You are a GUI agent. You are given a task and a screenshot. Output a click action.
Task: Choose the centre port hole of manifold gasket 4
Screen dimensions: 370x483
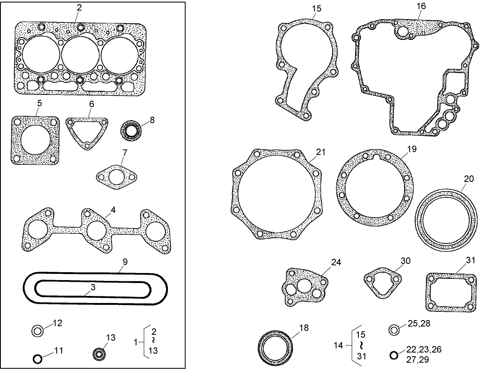click(95, 229)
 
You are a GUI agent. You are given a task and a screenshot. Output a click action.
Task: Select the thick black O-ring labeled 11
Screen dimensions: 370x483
click(38, 358)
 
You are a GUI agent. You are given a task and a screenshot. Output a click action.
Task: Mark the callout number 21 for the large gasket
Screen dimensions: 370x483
click(320, 153)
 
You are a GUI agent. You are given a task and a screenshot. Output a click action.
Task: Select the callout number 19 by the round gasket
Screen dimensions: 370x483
click(412, 149)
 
